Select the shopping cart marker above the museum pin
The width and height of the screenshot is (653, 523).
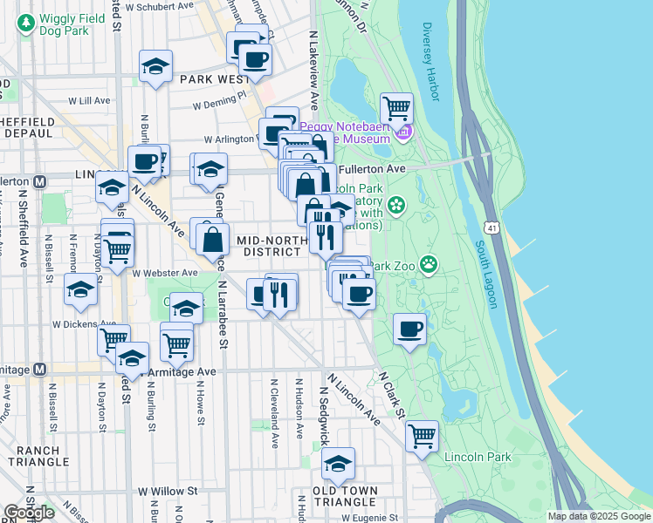tap(396, 108)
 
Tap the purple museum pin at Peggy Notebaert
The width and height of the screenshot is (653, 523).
tap(402, 132)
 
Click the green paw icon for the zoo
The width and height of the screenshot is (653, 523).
tap(429, 263)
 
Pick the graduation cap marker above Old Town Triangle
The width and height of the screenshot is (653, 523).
tap(338, 462)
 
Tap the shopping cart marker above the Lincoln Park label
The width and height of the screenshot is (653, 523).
tap(422, 434)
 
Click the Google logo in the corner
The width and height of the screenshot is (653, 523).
tap(29, 513)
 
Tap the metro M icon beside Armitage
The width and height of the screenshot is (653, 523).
tap(40, 369)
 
